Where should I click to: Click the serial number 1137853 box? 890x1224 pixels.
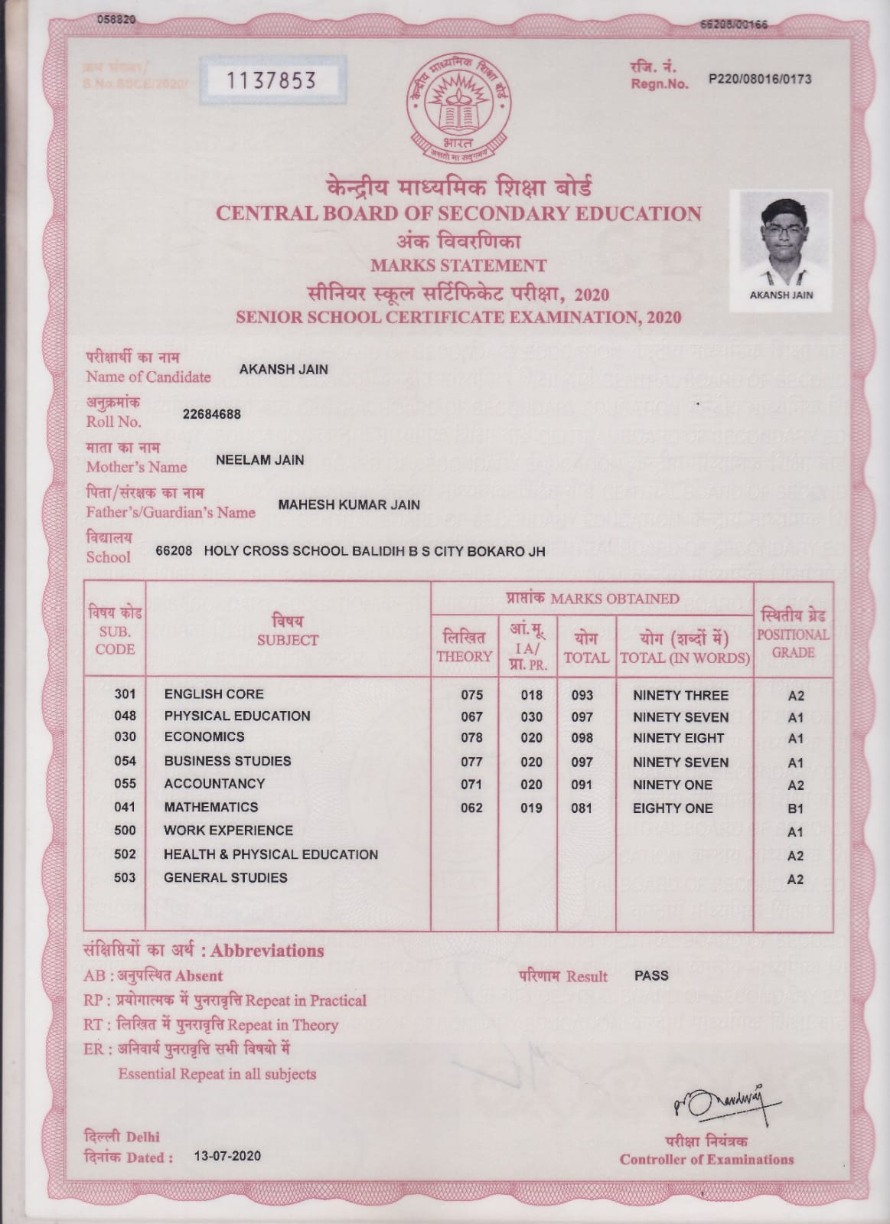(x=272, y=80)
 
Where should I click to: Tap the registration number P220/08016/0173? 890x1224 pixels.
(x=760, y=79)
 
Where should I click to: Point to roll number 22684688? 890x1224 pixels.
(x=211, y=414)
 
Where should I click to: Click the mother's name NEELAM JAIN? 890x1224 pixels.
(x=259, y=460)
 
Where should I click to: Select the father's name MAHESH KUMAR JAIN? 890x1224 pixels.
(x=348, y=505)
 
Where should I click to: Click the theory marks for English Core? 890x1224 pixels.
(x=471, y=695)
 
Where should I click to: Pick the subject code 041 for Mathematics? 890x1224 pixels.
(x=125, y=807)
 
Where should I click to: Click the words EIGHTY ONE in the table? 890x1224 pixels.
(x=672, y=808)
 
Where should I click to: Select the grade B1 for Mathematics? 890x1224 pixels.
(x=795, y=808)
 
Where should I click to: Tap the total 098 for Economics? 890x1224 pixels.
(x=582, y=738)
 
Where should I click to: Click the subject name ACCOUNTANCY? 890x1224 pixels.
(x=214, y=784)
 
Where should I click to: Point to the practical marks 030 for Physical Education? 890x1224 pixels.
(x=531, y=717)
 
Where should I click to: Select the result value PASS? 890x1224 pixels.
(x=651, y=976)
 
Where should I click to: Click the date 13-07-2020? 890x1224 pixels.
(x=227, y=1156)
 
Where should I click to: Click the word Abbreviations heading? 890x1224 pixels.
(x=267, y=951)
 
